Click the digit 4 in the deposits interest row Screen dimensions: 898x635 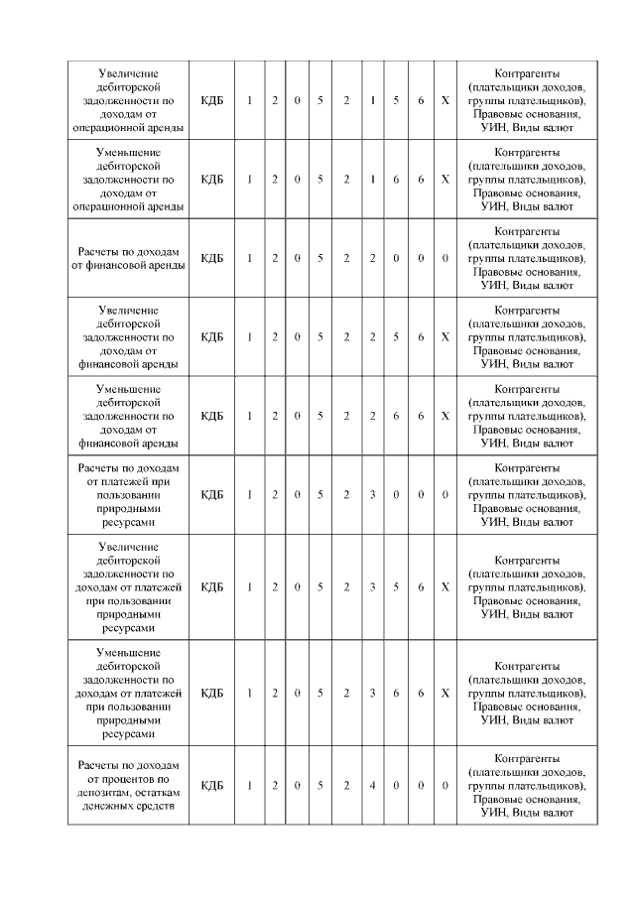372,786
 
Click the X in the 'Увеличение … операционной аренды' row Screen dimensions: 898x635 445,101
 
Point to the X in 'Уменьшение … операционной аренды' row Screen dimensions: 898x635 445,180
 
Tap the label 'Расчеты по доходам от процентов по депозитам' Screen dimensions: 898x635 129,786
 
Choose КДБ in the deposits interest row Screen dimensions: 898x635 212,786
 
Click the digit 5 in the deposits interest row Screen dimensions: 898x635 320,786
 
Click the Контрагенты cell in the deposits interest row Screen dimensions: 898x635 527,786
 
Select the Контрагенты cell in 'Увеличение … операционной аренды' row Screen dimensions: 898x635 527,101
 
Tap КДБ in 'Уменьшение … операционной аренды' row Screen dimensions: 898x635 212,180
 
